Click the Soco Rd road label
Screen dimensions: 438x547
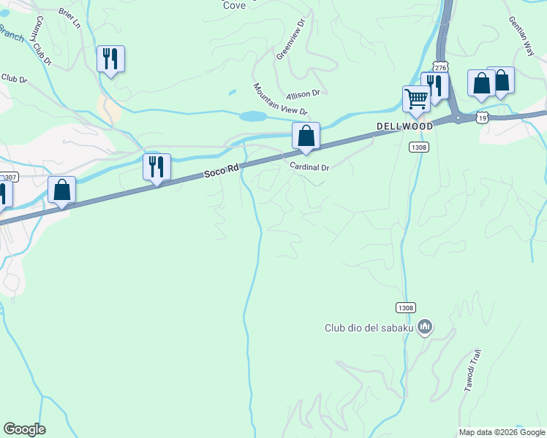coord(222,171)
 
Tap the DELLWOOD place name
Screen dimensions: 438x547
coord(404,126)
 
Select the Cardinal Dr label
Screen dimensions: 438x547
coord(310,167)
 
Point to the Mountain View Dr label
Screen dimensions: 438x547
coord(281,99)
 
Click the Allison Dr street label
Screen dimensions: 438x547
coord(303,94)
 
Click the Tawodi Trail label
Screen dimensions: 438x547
coord(473,371)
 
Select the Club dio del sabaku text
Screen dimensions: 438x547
coord(369,328)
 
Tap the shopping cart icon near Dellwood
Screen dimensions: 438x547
coord(416,98)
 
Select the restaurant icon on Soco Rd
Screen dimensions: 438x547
coord(156,166)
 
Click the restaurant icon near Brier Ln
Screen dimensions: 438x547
coord(110,58)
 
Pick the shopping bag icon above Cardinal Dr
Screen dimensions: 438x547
coord(306,135)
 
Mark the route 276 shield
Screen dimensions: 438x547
coord(440,66)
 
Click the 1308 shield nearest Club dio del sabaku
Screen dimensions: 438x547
coord(407,308)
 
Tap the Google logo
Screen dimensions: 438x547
coord(24,429)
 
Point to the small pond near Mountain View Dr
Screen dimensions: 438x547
coord(252,116)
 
